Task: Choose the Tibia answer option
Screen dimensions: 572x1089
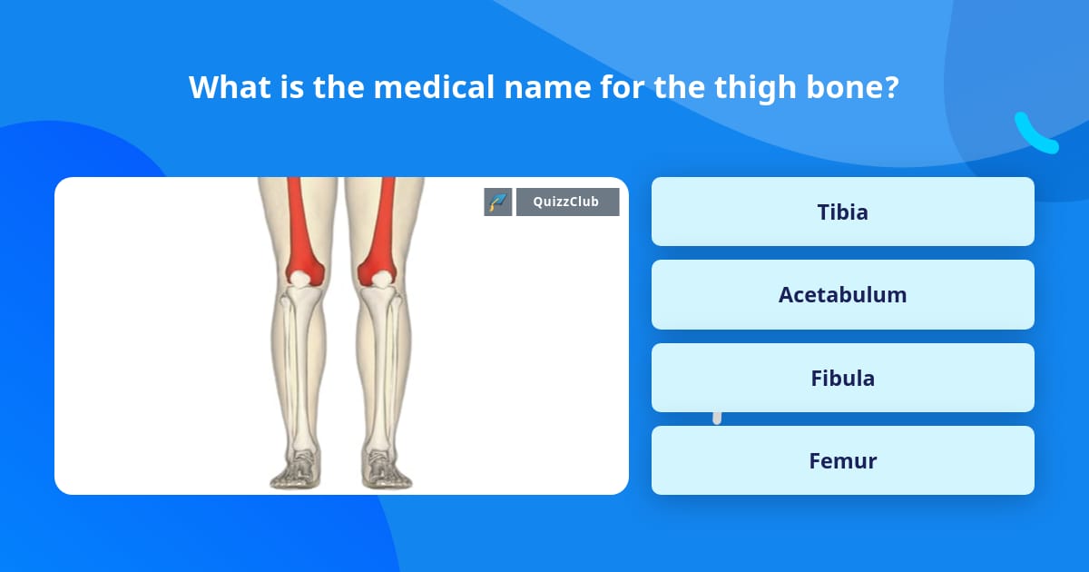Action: (x=842, y=212)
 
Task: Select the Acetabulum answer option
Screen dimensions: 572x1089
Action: (x=842, y=295)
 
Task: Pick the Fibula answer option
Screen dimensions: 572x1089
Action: (x=842, y=378)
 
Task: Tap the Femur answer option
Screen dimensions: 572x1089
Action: (x=842, y=460)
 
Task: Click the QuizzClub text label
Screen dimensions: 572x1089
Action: (x=567, y=202)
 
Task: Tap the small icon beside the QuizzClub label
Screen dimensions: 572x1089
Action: (x=497, y=202)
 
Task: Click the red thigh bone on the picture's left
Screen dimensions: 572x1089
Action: (x=299, y=227)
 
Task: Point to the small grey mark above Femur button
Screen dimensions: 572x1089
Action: (x=717, y=417)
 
